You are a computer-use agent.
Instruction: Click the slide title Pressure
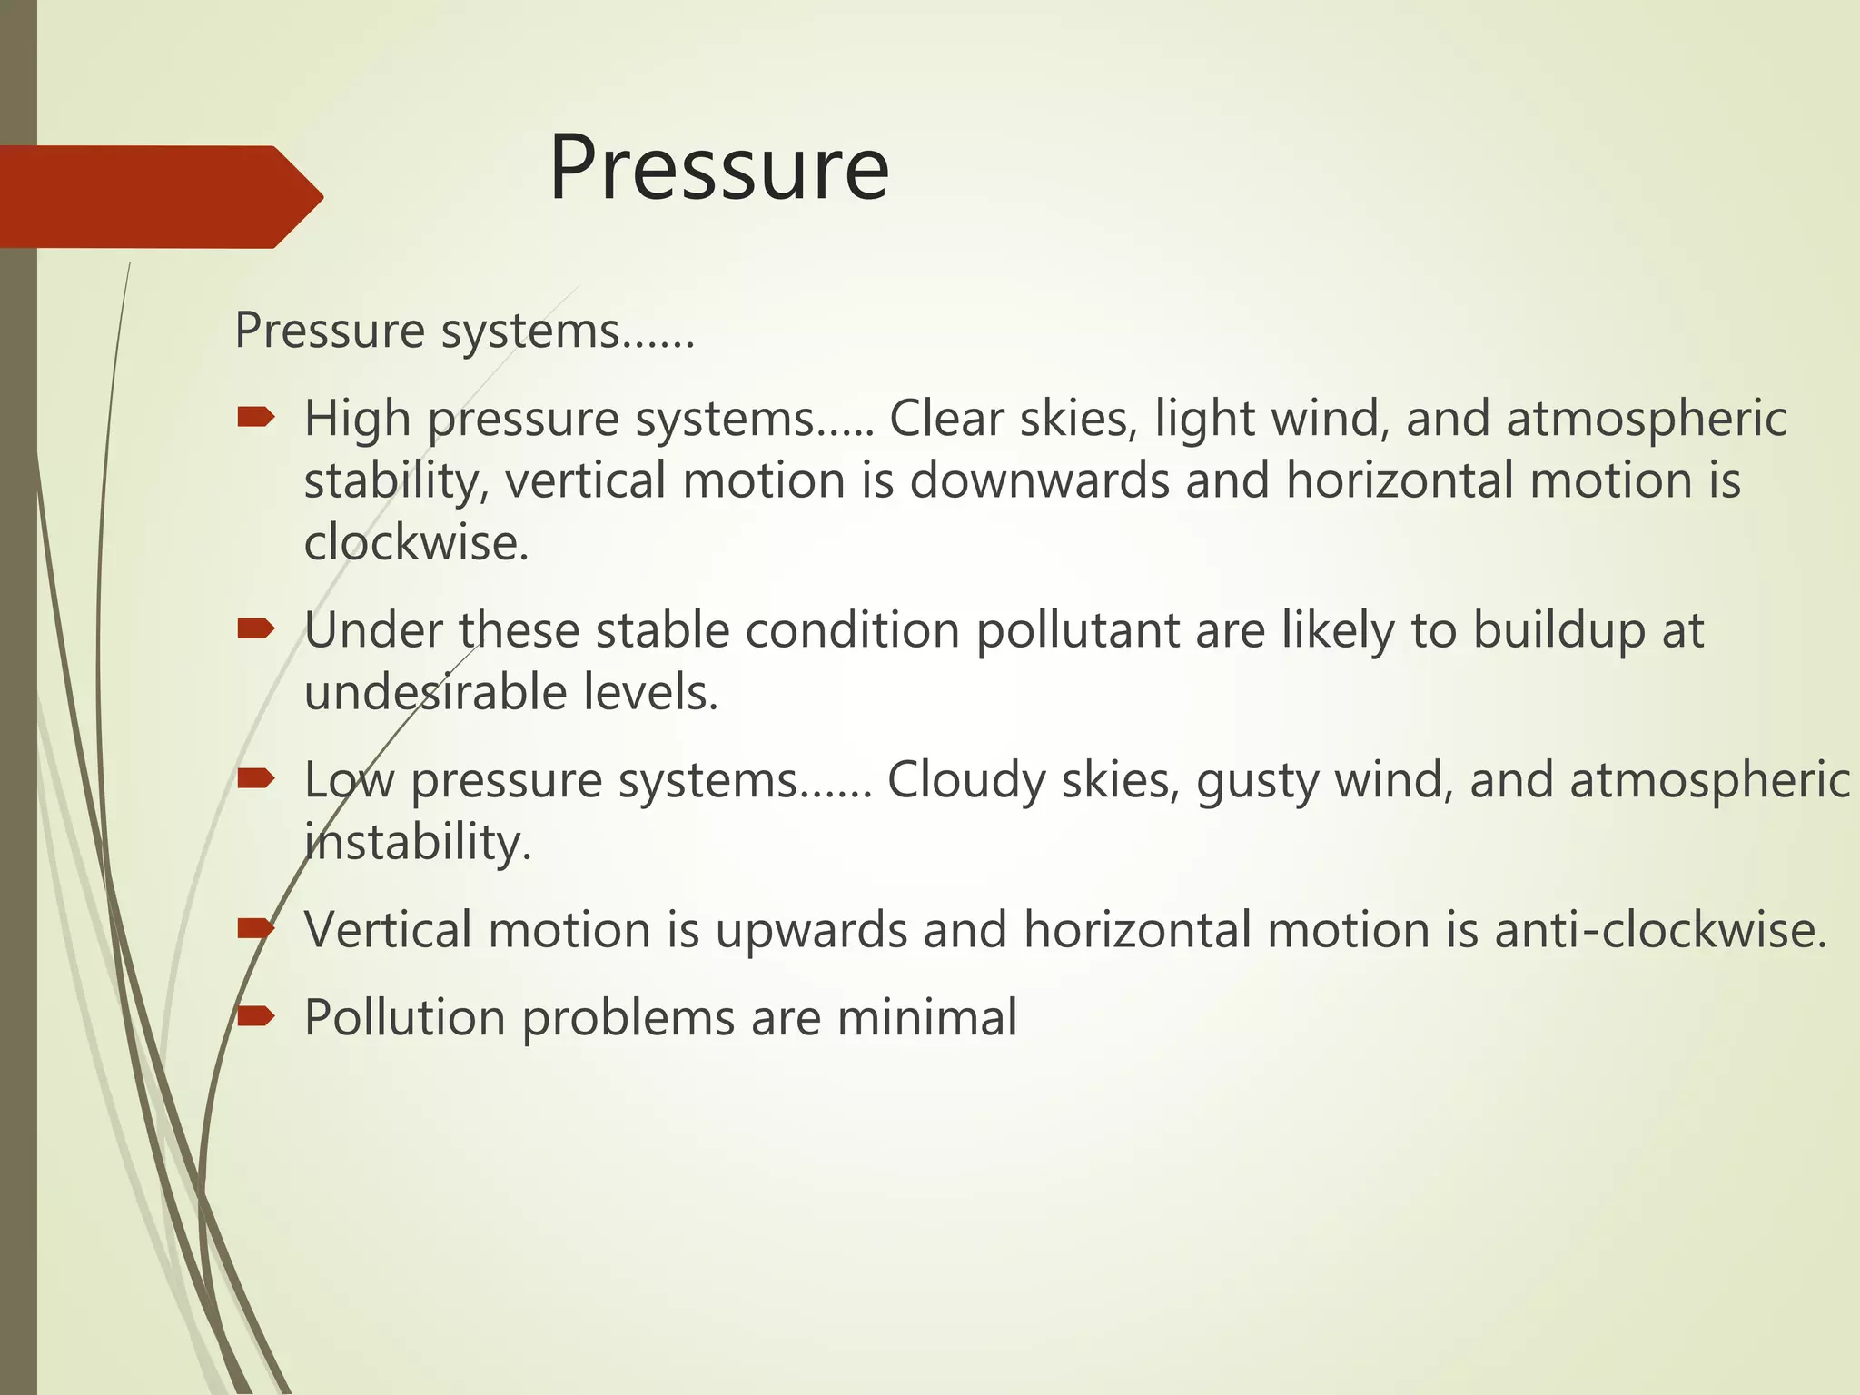pyautogui.click(x=718, y=169)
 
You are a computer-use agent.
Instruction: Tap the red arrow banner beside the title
pyautogui.click(x=154, y=196)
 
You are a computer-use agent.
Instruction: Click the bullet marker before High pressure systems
pyautogui.click(x=255, y=417)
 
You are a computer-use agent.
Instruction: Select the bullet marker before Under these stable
pyautogui.click(x=255, y=628)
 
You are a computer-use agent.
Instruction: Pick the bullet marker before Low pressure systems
pyautogui.click(x=255, y=777)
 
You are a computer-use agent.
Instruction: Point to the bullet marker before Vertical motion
pyautogui.click(x=255, y=927)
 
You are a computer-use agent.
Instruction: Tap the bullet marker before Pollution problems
pyautogui.click(x=255, y=1015)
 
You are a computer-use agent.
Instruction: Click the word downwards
pyautogui.click(x=1039, y=480)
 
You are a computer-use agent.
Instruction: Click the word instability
pyautogui.click(x=417, y=844)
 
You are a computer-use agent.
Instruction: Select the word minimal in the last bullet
pyautogui.click(x=926, y=1018)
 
